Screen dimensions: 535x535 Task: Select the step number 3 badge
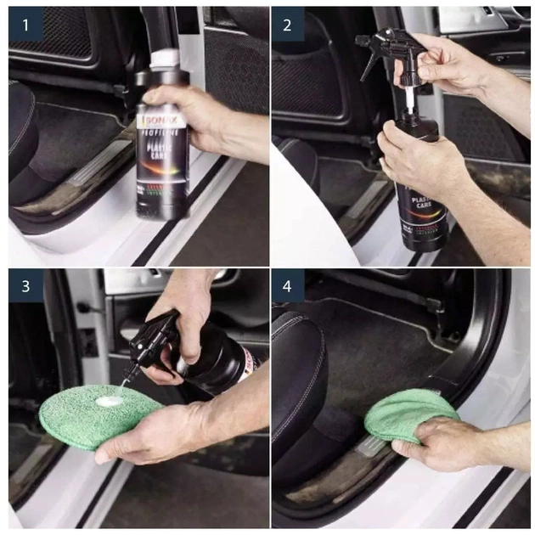[x=25, y=286]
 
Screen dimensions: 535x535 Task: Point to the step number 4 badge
[x=287, y=286]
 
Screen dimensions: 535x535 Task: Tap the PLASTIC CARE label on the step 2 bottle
[x=421, y=200]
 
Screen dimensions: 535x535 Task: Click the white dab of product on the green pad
[x=108, y=400]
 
